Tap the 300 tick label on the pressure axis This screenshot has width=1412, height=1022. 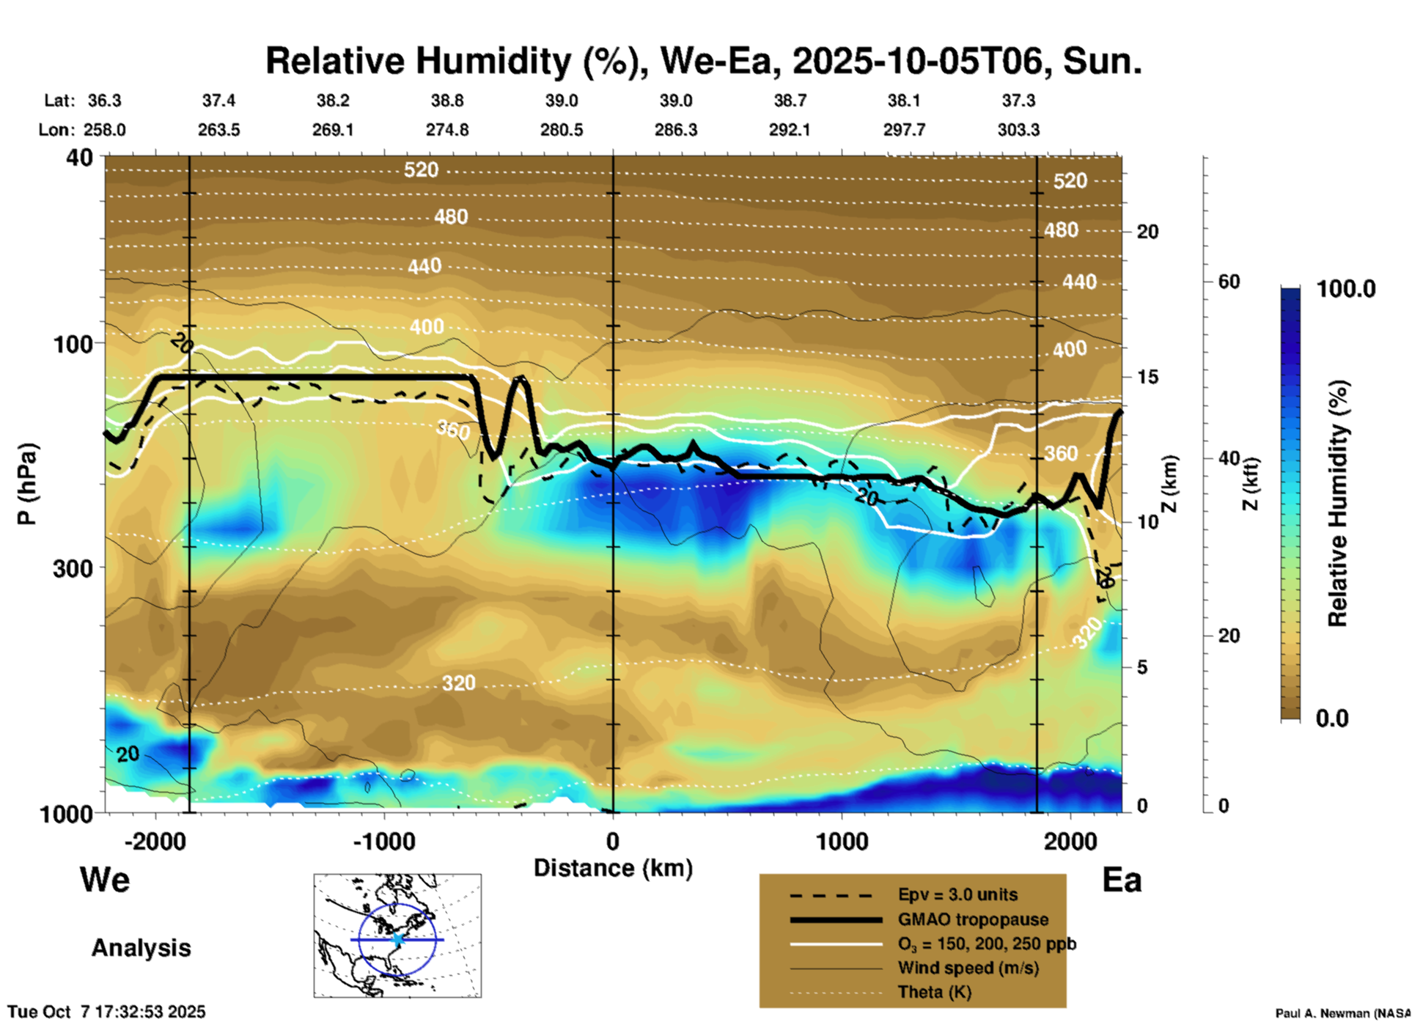tap(73, 568)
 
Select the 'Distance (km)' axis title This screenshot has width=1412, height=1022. tap(613, 868)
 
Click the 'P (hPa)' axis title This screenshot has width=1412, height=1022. tap(27, 484)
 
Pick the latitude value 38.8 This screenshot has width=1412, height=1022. tap(446, 100)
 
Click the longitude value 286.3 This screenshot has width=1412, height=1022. tap(675, 130)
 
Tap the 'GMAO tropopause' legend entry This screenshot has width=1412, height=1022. tap(973, 919)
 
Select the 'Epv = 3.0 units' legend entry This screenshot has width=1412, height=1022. tap(957, 894)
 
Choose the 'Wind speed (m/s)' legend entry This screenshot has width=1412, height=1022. tap(968, 968)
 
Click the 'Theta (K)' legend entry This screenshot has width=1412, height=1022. tap(934, 992)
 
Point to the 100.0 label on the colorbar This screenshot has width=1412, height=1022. tap(1346, 290)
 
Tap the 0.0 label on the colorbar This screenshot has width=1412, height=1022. tap(1332, 718)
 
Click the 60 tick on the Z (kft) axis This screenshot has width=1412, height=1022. tap(1229, 282)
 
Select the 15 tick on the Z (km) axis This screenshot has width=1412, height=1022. tap(1147, 377)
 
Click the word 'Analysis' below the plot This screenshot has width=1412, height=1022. tap(141, 948)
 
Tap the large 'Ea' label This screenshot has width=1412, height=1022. tap(1122, 881)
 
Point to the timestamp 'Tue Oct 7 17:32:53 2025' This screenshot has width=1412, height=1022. tap(107, 1012)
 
